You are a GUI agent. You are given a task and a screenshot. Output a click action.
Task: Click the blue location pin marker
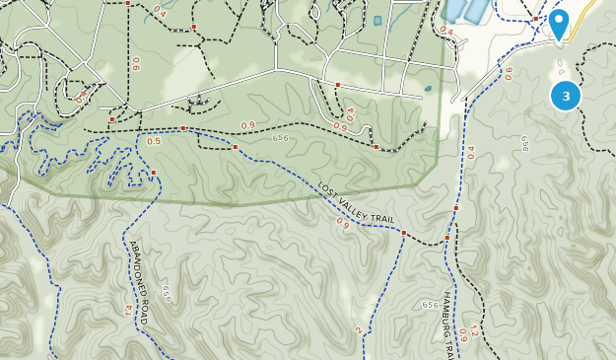[x=558, y=23]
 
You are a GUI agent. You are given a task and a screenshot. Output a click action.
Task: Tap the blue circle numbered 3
[x=565, y=96]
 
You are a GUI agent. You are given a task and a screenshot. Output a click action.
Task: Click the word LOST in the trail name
[x=327, y=187]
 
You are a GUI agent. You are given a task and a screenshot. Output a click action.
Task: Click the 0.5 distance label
[x=154, y=141]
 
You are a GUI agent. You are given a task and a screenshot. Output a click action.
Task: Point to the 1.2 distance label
[x=472, y=331]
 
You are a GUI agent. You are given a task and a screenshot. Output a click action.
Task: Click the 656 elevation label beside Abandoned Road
[x=167, y=294]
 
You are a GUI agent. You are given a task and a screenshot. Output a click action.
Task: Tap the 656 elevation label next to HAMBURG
[x=430, y=305]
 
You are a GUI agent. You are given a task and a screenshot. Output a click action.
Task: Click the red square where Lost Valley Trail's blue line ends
[x=404, y=233]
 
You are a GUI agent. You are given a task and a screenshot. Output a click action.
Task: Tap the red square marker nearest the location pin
[x=535, y=18]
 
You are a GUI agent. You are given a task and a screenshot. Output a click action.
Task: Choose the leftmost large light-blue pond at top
[x=456, y=10]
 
